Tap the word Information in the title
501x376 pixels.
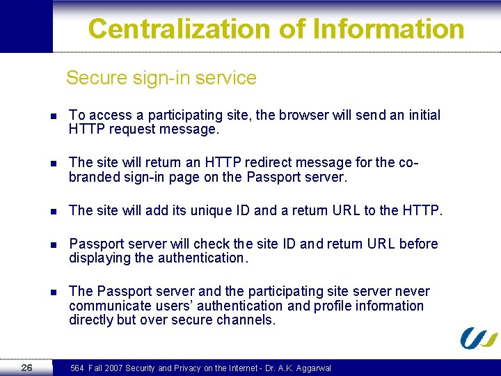[x=389, y=29]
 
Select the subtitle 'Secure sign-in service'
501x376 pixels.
[x=161, y=78]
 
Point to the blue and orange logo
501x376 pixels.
[x=479, y=338]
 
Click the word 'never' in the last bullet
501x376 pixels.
[x=412, y=291]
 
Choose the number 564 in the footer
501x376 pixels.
[x=77, y=368]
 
